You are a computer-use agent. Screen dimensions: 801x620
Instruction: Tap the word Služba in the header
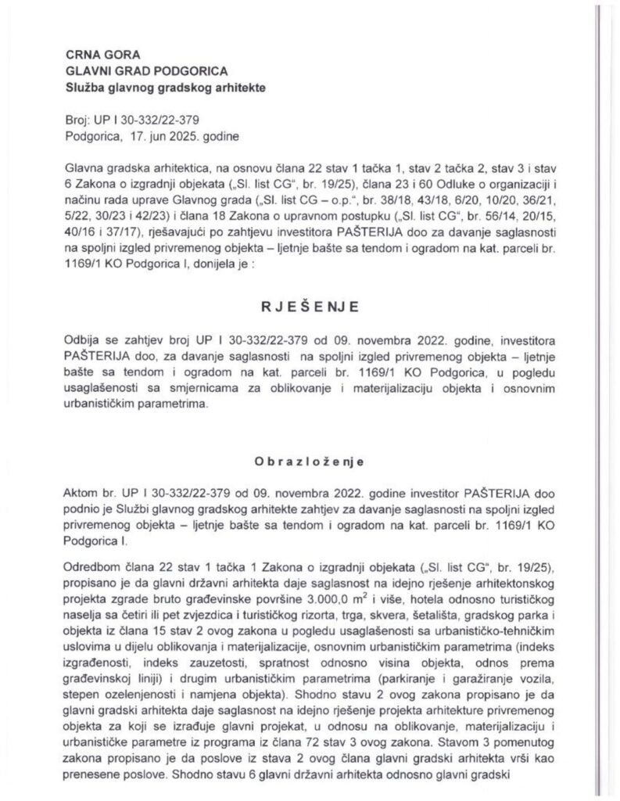click(89, 88)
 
